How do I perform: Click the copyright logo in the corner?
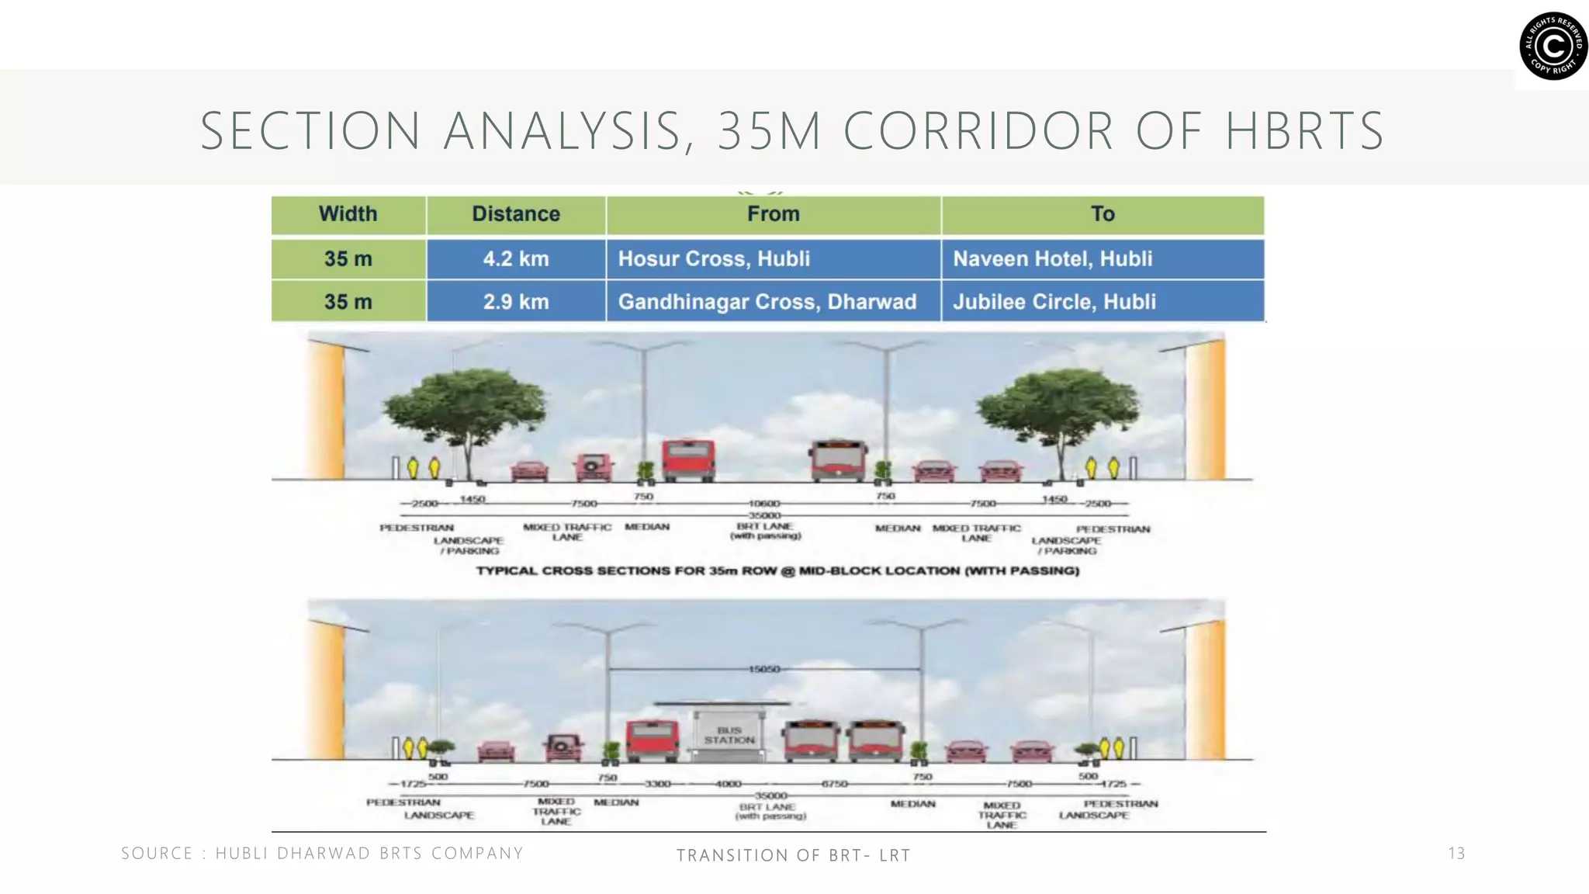[1553, 46]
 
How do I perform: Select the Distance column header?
[516, 214]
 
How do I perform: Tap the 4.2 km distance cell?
[516, 259]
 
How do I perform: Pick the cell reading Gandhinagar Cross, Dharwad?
[767, 302]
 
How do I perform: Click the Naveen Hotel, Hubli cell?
[1052, 259]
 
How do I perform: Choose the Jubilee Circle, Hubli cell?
[1054, 302]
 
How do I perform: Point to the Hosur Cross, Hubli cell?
[714, 259]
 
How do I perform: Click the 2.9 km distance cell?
[516, 302]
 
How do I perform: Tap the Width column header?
[348, 214]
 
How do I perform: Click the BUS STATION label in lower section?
[729, 735]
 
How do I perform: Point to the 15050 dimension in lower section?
[764, 669]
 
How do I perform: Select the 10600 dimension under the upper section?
[764, 504]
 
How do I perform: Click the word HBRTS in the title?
[1305, 131]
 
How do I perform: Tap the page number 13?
[1456, 854]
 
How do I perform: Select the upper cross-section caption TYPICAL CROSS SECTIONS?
[777, 571]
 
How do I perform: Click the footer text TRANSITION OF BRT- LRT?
[793, 855]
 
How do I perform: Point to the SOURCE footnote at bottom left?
[322, 854]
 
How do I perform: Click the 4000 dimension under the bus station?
[728, 785]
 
